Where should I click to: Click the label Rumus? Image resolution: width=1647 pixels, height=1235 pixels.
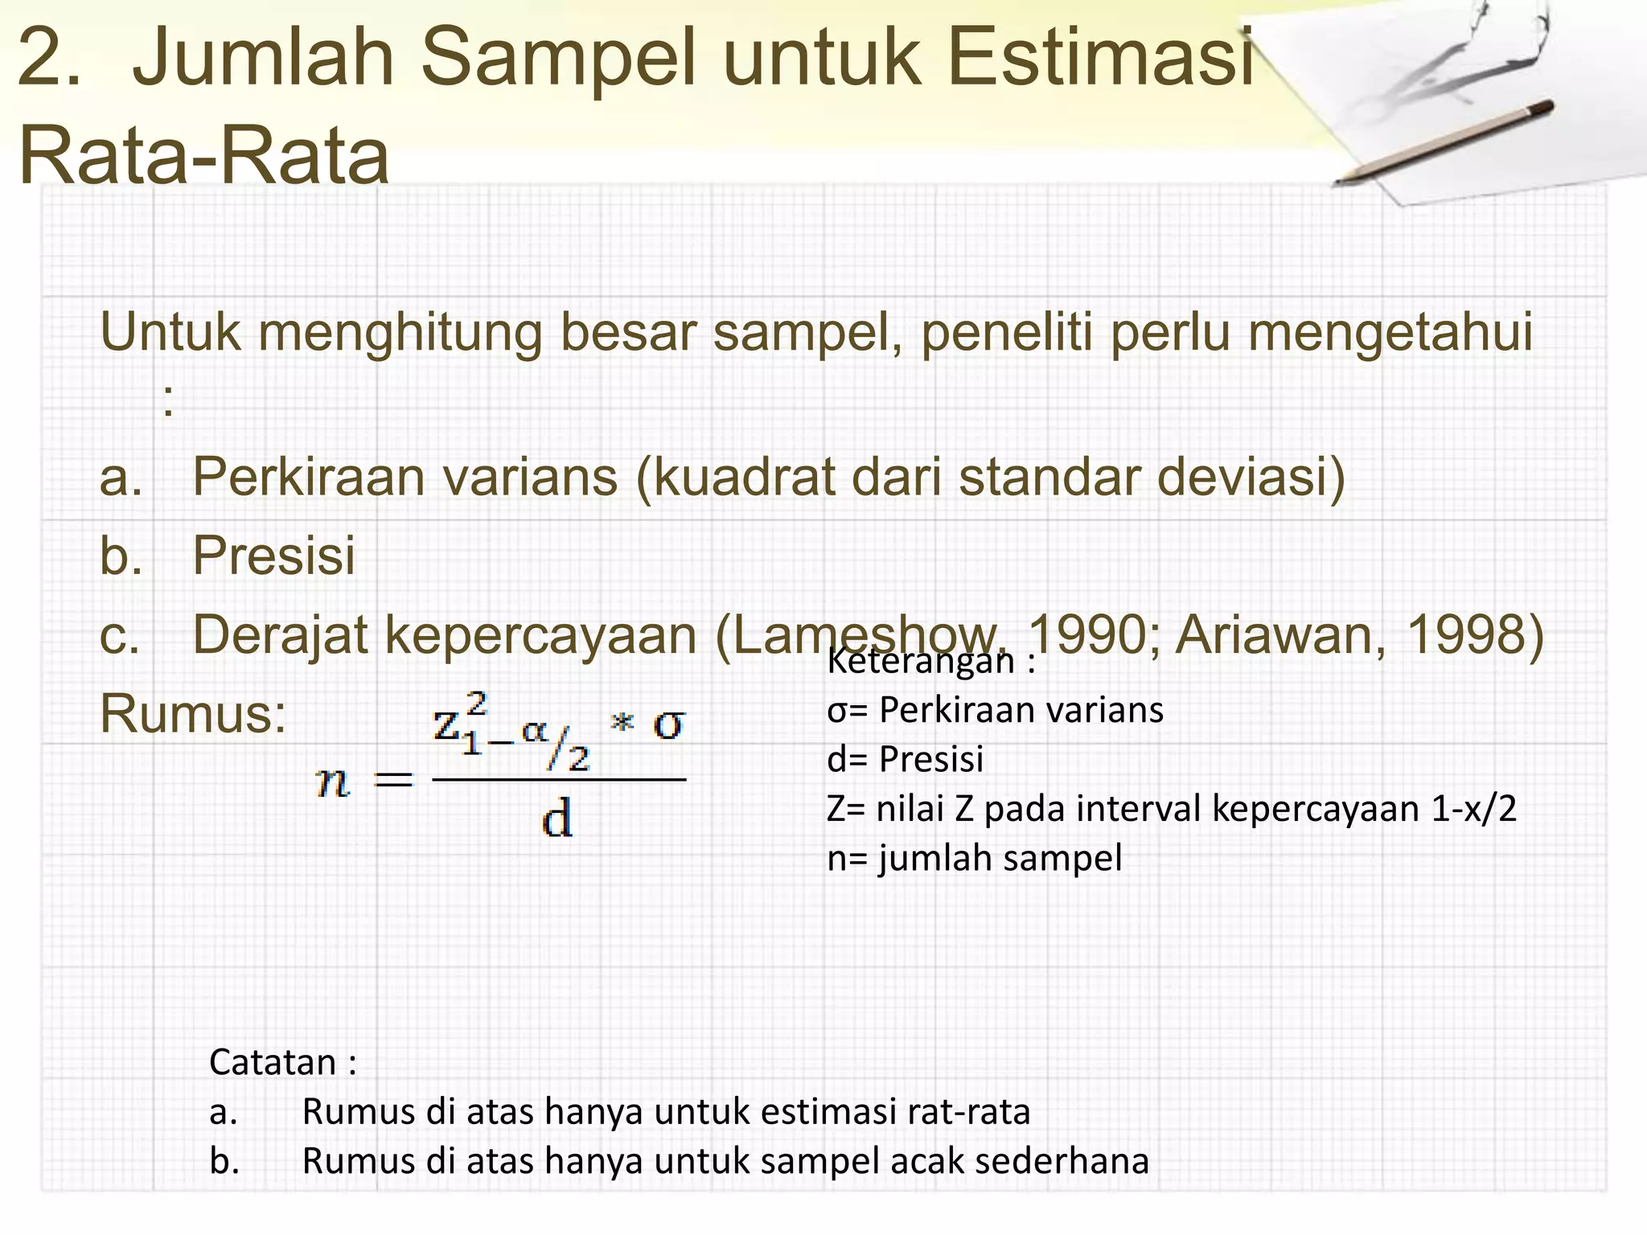pyautogui.click(x=193, y=713)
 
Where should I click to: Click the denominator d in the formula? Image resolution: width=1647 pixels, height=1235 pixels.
pyautogui.click(x=557, y=820)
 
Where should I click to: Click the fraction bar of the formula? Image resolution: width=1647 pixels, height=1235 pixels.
pyautogui.click(x=559, y=779)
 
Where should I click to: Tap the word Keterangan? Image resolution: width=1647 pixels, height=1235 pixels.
pyautogui.click(x=921, y=662)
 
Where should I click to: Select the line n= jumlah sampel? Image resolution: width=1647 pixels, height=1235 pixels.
pyautogui.click(x=974, y=858)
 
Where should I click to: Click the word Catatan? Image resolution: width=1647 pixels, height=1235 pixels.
pyautogui.click(x=273, y=1062)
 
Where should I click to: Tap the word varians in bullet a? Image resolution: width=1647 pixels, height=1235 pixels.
pyautogui.click(x=530, y=477)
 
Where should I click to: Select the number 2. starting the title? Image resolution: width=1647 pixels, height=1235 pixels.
pyautogui.click(x=48, y=58)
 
